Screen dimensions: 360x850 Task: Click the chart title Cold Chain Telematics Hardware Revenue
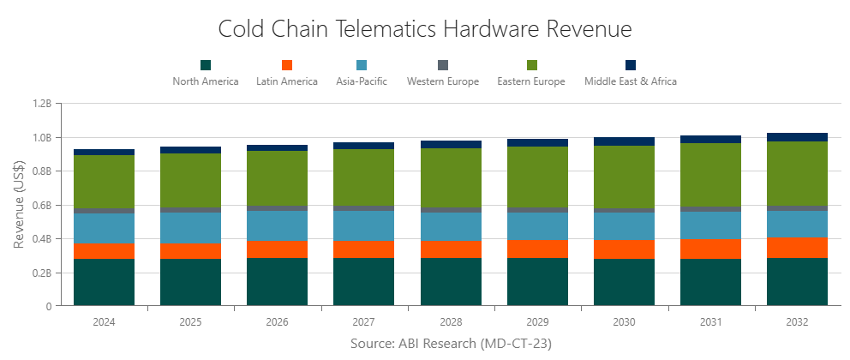tap(425, 29)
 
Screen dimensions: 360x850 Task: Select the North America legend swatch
tap(206, 65)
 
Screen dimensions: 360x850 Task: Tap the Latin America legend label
tap(287, 81)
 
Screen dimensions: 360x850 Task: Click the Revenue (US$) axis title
tap(19, 204)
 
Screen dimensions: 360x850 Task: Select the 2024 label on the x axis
tap(104, 323)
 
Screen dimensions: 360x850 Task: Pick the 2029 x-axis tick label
tap(537, 323)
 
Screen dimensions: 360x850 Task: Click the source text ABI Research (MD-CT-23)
tap(450, 344)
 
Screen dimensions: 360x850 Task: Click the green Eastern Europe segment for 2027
tap(364, 177)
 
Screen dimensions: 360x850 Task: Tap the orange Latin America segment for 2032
tap(797, 248)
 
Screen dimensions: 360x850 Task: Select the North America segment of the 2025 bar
tap(191, 282)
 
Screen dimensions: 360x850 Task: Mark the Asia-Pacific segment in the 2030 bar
tap(624, 225)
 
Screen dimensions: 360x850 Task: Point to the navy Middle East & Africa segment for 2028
tap(451, 145)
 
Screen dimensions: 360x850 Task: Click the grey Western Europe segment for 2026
tap(278, 208)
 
